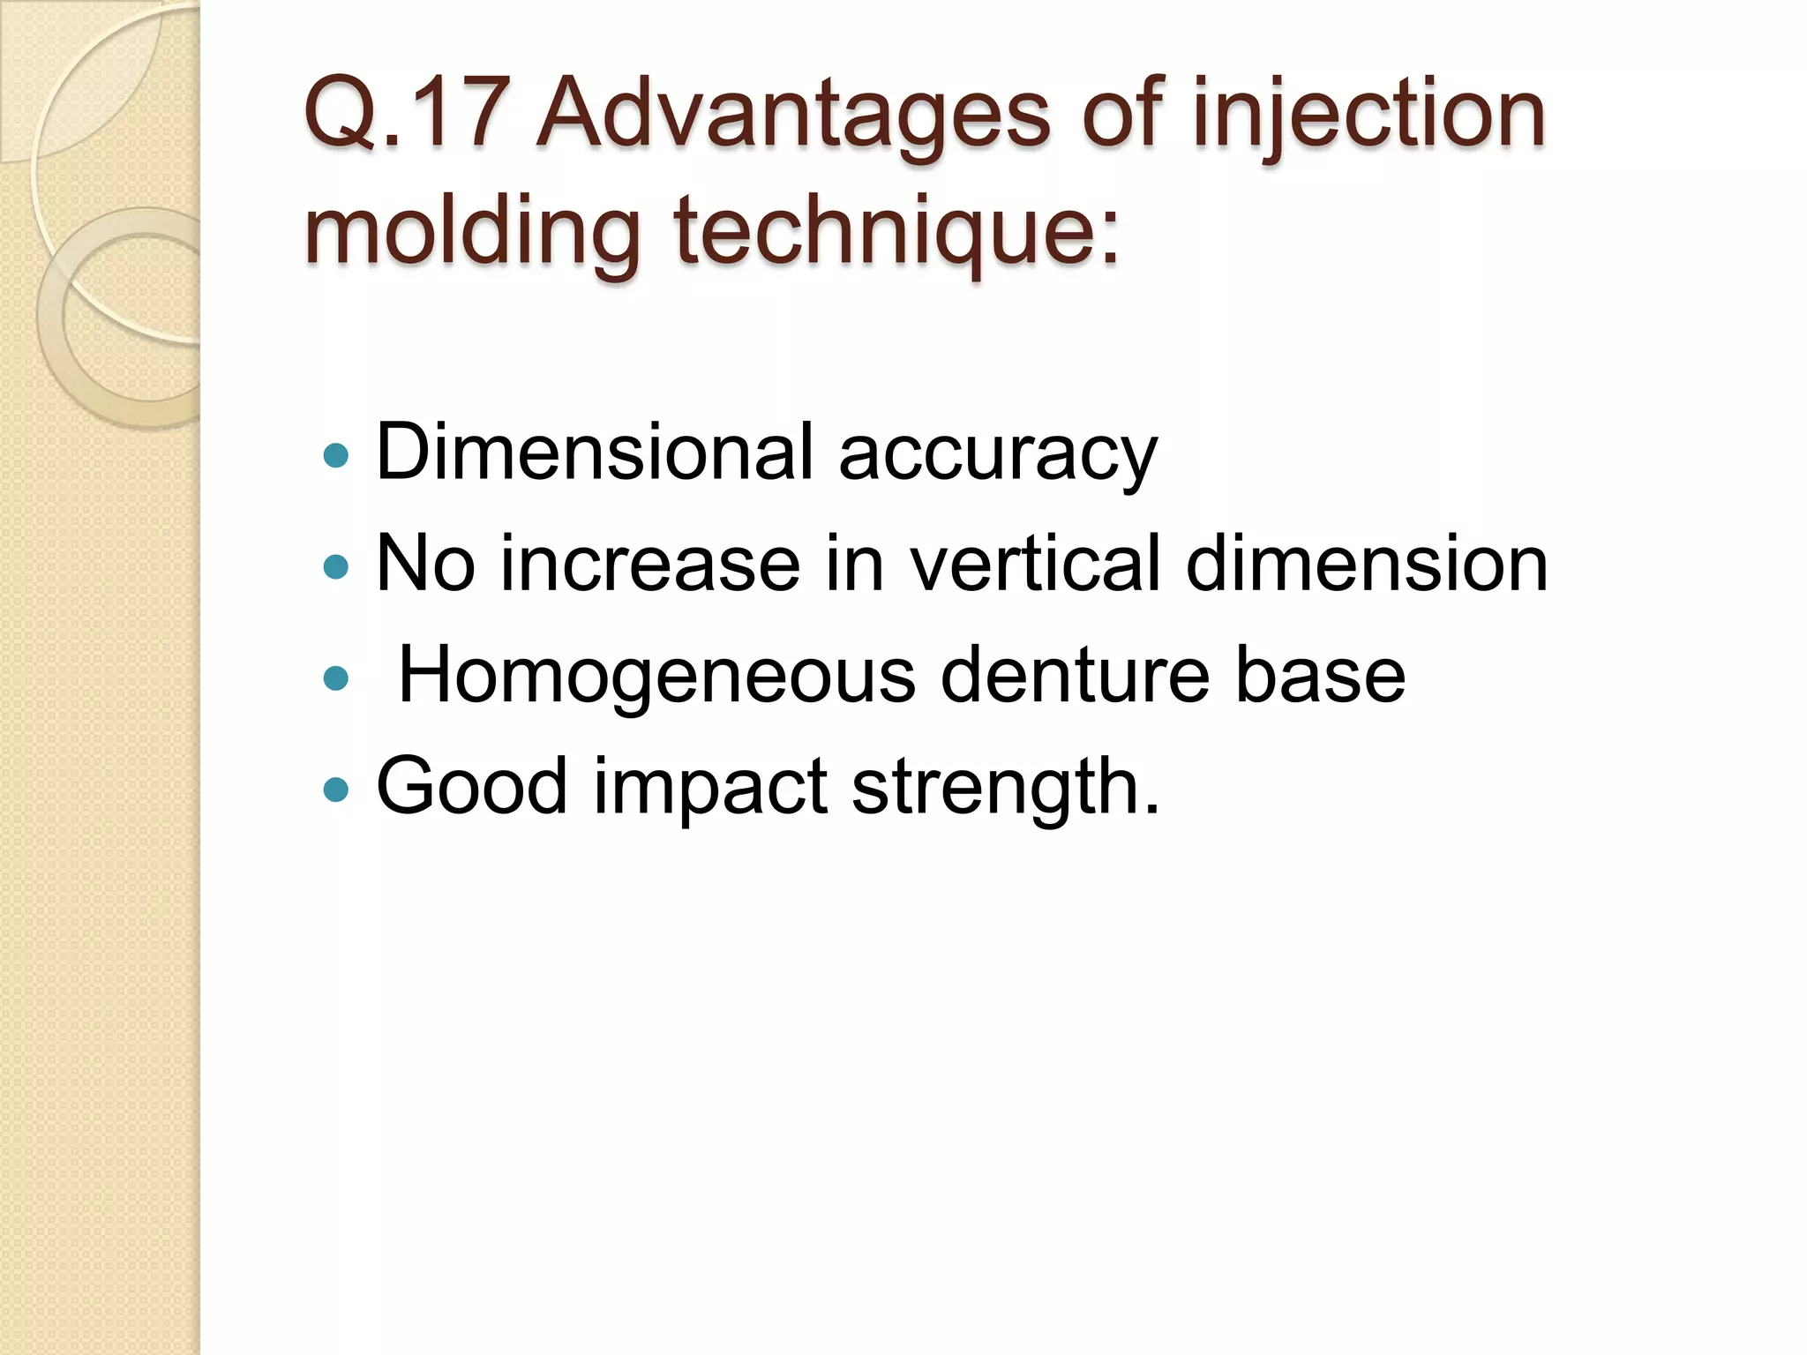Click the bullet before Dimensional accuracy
(x=336, y=455)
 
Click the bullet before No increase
(x=336, y=566)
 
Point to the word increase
(x=650, y=565)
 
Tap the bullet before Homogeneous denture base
(x=336, y=678)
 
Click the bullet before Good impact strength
(x=336, y=789)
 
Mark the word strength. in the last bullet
(x=1005, y=788)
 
